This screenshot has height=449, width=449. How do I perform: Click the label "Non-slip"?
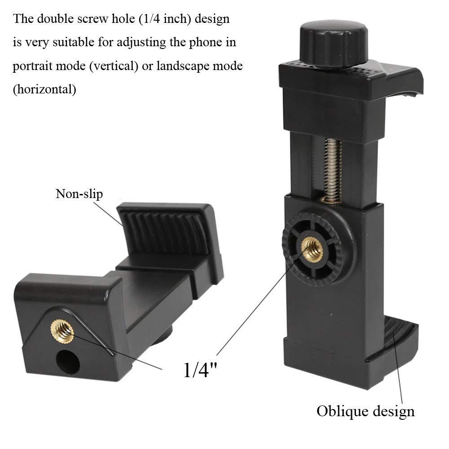click(x=79, y=194)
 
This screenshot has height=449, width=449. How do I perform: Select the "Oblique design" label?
click(x=365, y=411)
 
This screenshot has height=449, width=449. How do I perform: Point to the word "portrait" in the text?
click(x=35, y=66)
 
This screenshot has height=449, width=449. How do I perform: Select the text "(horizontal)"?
click(x=44, y=89)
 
